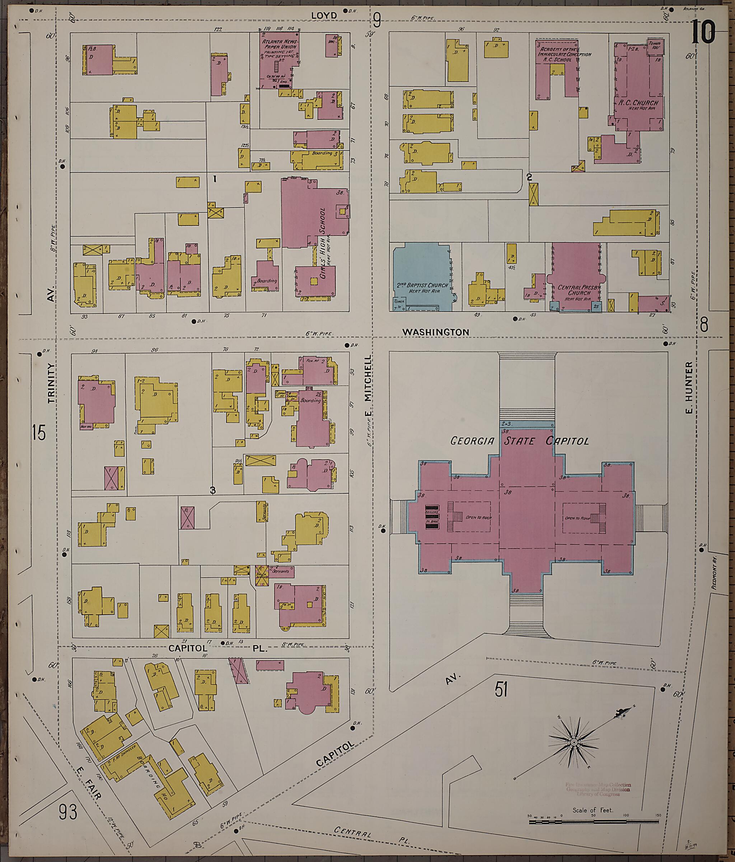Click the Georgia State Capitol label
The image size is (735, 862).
[x=520, y=441]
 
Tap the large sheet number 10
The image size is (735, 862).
[x=703, y=32]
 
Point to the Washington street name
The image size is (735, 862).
[x=436, y=332]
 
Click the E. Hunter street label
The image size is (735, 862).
[x=689, y=388]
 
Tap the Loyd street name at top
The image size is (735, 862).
[x=324, y=16]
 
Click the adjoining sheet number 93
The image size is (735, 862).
[x=68, y=812]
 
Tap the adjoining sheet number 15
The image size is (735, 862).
[x=38, y=433]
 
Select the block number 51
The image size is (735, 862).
[x=501, y=690]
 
